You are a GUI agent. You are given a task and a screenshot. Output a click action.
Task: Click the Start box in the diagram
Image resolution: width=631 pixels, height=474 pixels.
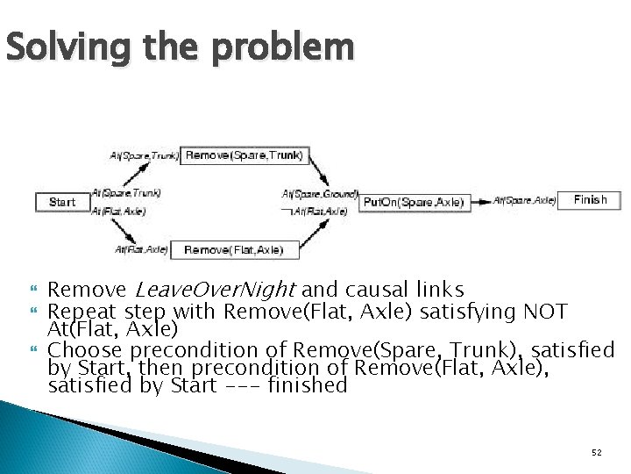[x=62, y=202]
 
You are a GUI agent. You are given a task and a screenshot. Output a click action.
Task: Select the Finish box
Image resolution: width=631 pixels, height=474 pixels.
[x=590, y=200]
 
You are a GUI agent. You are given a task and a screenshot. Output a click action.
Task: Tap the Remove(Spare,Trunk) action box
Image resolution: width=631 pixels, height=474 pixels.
[x=245, y=155]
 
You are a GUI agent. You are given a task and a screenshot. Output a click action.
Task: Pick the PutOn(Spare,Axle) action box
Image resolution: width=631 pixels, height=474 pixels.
[x=413, y=202]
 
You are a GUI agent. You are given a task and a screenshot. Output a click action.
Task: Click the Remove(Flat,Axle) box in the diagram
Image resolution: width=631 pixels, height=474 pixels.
[x=234, y=250]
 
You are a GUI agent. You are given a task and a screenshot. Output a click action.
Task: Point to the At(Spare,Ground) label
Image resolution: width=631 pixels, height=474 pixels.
[x=320, y=193]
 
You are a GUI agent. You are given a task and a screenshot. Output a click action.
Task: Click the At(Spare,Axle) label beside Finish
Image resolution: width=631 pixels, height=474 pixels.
[x=524, y=201]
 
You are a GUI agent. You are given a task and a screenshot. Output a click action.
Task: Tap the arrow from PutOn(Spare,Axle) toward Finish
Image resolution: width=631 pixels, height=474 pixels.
[x=482, y=202]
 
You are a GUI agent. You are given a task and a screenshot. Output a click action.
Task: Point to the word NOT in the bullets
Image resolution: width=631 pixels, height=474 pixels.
[x=545, y=311]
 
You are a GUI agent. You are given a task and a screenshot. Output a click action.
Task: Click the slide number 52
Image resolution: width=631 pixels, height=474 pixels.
[x=597, y=452]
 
